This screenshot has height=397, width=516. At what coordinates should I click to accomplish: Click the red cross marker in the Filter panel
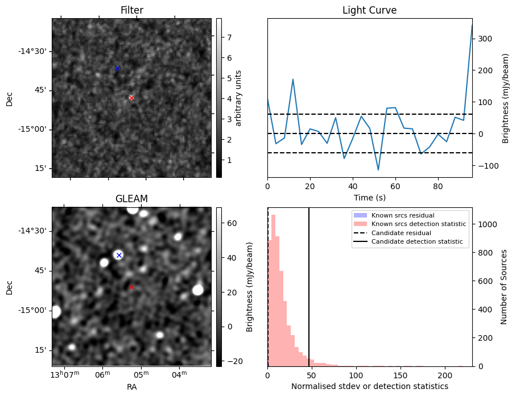131,98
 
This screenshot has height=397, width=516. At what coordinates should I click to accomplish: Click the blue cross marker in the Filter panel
117,69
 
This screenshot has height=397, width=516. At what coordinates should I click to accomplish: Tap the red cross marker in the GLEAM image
131,287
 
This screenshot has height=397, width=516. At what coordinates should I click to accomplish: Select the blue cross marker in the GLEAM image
119,255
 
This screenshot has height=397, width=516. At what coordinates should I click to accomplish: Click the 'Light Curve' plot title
369,10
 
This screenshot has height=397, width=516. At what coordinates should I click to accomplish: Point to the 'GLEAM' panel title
131,199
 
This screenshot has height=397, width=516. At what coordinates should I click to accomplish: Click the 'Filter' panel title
131,10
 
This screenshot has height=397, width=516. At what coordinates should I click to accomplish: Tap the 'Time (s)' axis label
369,198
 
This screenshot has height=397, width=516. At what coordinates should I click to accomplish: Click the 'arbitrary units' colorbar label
238,98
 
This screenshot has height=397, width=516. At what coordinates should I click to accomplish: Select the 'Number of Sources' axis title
504,287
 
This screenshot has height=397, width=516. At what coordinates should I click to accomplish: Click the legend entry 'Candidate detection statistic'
418,242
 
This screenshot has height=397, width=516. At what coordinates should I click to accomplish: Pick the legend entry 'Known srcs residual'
402,215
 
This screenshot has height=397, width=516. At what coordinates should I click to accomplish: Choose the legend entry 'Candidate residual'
401,233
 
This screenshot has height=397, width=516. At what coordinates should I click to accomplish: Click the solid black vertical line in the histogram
309,284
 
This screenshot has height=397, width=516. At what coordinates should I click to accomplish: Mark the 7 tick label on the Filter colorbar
229,37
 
